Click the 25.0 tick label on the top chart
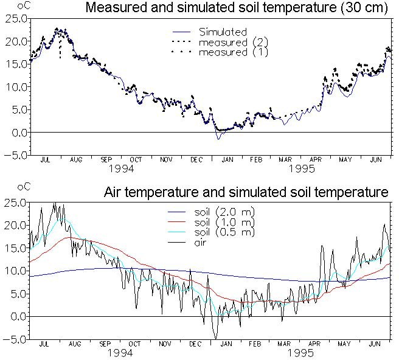click(x=16, y=19)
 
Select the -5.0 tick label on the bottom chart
click(x=15, y=339)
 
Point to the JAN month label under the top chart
click(x=227, y=160)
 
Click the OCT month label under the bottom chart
click(x=134, y=344)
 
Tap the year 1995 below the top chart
click(x=302, y=168)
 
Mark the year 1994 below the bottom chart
click(x=120, y=353)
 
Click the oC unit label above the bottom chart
click(x=24, y=187)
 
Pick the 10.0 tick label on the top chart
click(x=16, y=87)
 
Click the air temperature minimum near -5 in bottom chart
click(x=216, y=339)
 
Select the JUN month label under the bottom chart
click(x=375, y=344)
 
